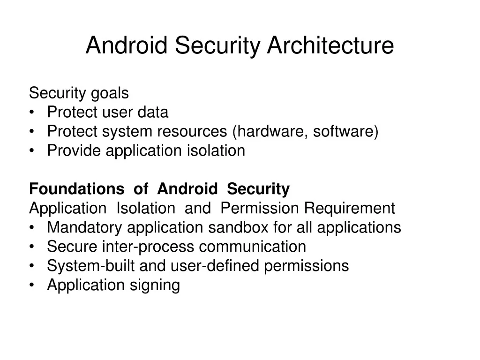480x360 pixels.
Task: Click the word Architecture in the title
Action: (330, 45)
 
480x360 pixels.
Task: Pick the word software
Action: (343, 132)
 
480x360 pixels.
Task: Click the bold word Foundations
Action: (76, 189)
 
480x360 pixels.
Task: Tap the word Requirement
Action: (350, 208)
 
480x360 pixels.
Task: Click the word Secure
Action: (73, 247)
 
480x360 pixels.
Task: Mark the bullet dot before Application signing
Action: (31, 285)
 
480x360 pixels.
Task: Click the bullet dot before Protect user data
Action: (31, 113)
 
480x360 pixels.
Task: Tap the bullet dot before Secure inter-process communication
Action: (31, 247)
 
